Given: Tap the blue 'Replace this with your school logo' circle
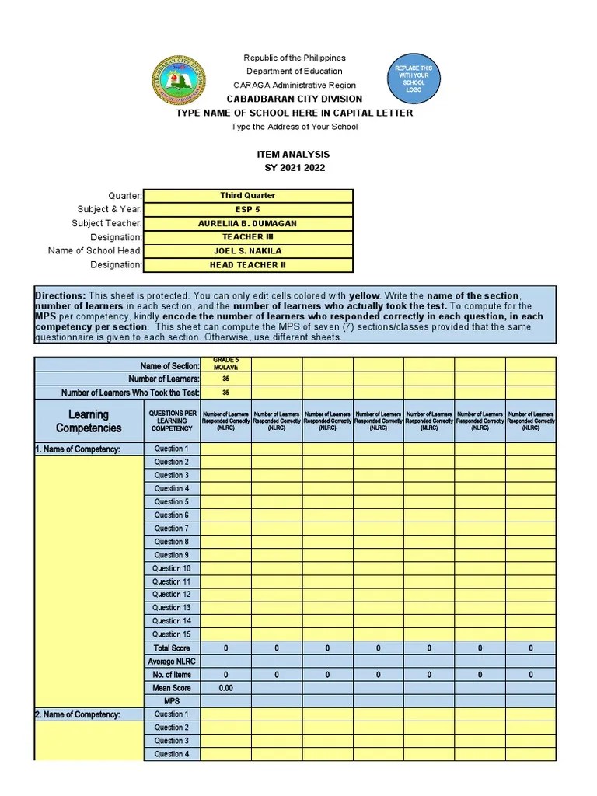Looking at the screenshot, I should pos(414,79).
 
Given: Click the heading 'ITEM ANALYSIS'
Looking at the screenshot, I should pos(293,155).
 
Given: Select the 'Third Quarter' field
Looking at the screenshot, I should pos(247,196).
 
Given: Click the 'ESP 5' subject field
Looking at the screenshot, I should pos(247,210).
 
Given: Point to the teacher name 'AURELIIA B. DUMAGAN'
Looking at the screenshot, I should pos(247,224).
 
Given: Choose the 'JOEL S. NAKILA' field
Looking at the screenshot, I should pos(247,251).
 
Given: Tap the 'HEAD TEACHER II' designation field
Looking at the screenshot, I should pos(247,265).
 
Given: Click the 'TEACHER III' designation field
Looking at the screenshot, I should pos(247,237).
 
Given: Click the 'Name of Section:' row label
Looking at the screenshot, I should pos(169,365).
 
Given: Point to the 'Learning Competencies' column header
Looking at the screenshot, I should pos(89,421).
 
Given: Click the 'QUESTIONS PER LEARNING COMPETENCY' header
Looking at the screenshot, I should pos(172,421).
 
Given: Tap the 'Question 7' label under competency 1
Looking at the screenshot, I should pos(171,529).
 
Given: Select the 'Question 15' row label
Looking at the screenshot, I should pos(171,634).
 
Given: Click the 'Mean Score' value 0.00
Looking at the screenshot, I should pos(225,688).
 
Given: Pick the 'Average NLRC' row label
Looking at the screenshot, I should pos(172,662).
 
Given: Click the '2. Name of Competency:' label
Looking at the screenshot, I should pos(77,714).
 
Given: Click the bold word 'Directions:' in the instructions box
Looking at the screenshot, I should pos(60,296).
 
